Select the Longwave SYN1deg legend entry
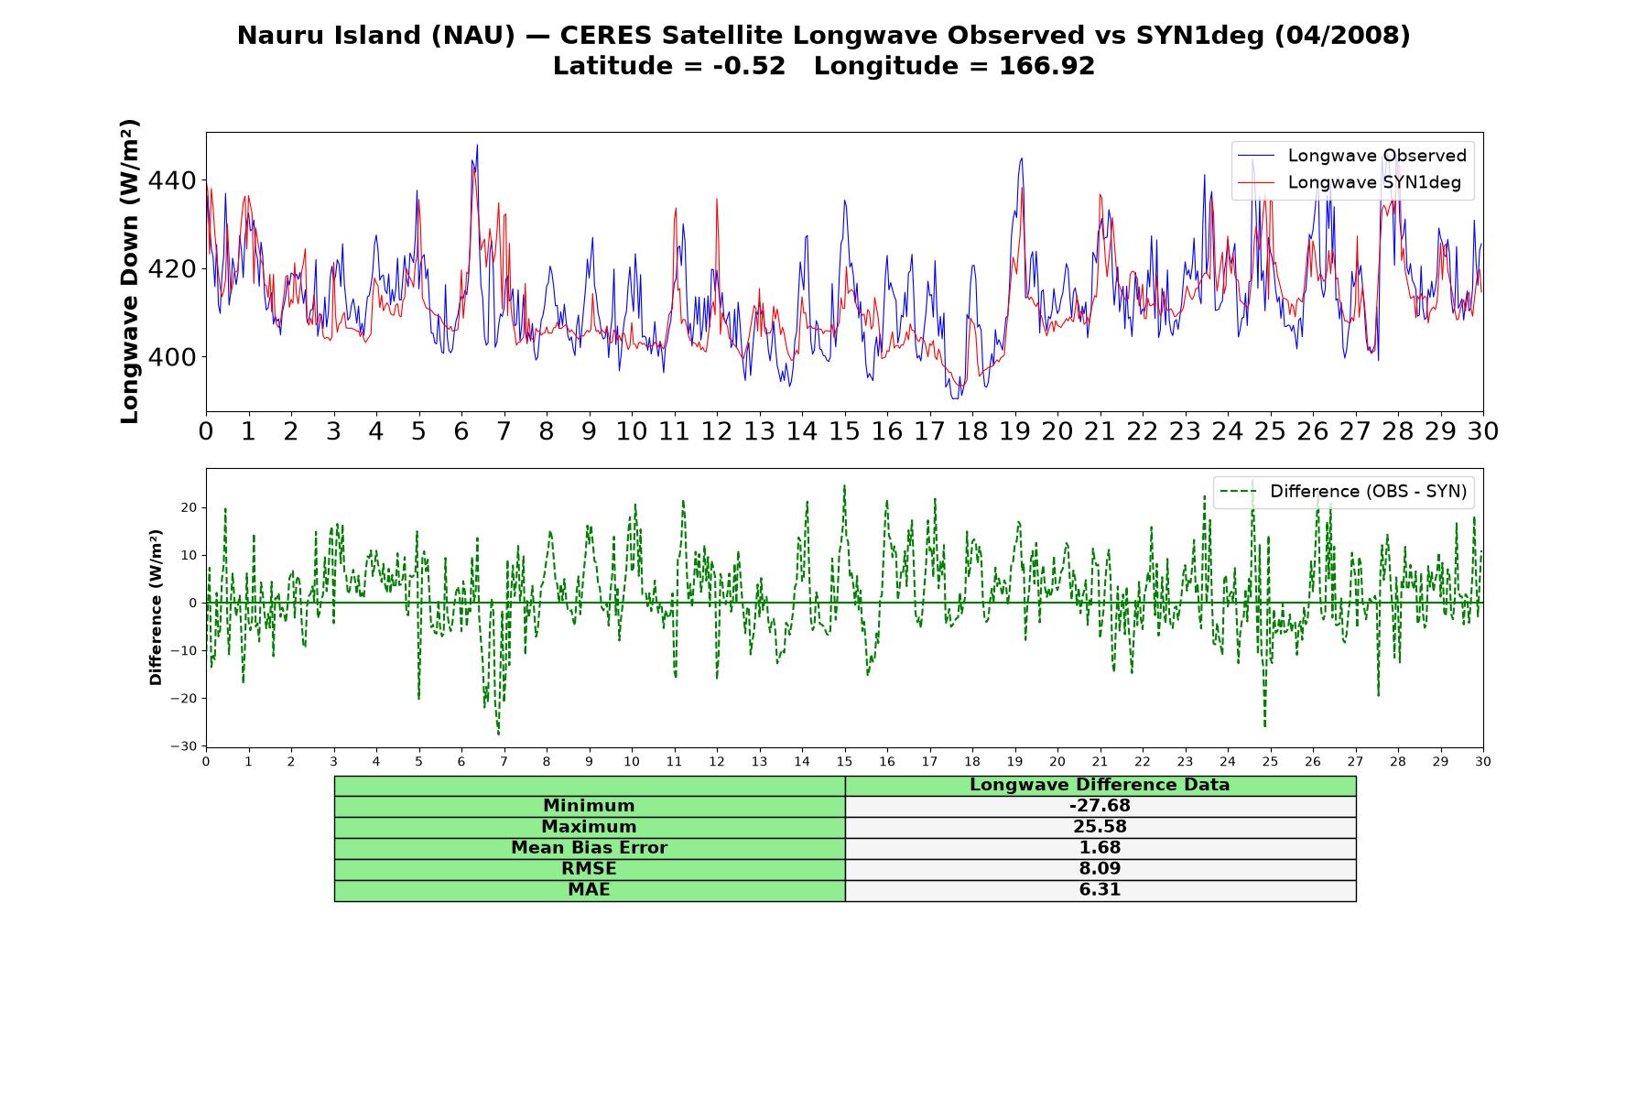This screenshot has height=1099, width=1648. (1350, 182)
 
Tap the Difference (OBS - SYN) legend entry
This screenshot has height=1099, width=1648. (1344, 492)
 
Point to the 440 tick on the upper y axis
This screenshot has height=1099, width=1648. (172, 180)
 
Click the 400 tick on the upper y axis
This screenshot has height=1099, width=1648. (172, 357)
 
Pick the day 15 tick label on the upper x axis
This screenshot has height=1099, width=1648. (844, 431)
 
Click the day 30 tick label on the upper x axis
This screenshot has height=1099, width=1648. (1483, 431)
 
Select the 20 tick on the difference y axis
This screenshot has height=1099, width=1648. (190, 507)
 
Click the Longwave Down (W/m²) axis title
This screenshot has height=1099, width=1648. (130, 271)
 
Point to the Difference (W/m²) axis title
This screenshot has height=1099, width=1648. (156, 607)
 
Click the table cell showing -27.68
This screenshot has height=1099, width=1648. (1100, 806)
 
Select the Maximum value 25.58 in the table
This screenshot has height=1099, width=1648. (1100, 827)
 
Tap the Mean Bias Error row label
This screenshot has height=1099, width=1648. (589, 848)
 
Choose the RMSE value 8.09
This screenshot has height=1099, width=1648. (1100, 869)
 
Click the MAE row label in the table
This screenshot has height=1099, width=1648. (589, 890)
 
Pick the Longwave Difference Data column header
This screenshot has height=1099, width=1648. (1100, 785)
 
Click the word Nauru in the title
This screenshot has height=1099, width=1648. (276, 36)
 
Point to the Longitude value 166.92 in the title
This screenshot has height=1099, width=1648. (1046, 66)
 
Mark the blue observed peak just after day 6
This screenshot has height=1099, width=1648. (477, 145)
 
